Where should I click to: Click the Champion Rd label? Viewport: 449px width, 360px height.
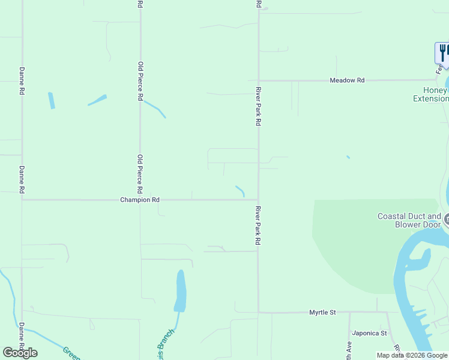(140, 200)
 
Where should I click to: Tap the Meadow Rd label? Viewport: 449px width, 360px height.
(347, 80)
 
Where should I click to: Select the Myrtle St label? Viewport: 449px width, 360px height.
(322, 313)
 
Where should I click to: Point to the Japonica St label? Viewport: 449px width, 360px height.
(370, 333)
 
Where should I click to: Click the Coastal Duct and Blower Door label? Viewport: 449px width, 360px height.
(409, 220)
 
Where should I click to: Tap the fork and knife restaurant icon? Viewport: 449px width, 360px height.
(442, 52)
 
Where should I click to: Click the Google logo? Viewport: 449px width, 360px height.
(20, 353)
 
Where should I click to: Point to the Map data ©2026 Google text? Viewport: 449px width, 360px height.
(411, 355)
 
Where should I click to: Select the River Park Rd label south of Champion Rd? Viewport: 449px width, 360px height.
(258, 224)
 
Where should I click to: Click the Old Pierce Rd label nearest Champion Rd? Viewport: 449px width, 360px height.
(140, 173)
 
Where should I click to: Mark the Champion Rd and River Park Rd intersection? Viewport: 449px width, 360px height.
(259, 200)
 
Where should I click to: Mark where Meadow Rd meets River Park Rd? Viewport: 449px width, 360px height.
(259, 80)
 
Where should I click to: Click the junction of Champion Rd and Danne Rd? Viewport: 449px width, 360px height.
(22, 200)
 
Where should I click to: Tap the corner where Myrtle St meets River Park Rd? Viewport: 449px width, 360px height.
(259, 312)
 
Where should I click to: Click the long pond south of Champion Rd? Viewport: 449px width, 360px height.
(180, 291)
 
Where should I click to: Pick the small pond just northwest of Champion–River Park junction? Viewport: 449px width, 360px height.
(241, 190)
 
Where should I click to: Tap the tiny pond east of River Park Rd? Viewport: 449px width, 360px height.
(348, 157)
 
